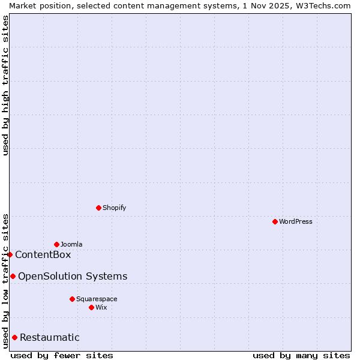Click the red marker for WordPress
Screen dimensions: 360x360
click(275, 221)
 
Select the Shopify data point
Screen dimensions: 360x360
click(98, 208)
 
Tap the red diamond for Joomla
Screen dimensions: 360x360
click(56, 244)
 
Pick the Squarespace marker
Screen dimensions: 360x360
click(72, 299)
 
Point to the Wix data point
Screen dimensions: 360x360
click(91, 307)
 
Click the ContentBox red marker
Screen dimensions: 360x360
click(10, 254)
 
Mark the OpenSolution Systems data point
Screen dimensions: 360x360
click(13, 276)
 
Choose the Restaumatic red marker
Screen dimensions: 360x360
click(14, 337)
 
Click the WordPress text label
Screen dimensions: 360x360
click(296, 221)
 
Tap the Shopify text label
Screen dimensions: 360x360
click(115, 208)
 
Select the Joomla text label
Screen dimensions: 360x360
click(71, 244)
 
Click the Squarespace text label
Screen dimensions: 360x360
click(97, 299)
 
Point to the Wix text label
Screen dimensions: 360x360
click(101, 307)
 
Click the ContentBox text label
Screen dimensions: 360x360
click(43, 254)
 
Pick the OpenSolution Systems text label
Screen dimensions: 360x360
click(73, 276)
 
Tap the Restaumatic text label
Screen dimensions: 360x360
click(49, 337)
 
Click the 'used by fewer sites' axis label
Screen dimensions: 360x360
click(62, 355)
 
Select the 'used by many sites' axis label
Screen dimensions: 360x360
click(301, 355)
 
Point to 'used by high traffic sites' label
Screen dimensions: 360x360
click(5, 86)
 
